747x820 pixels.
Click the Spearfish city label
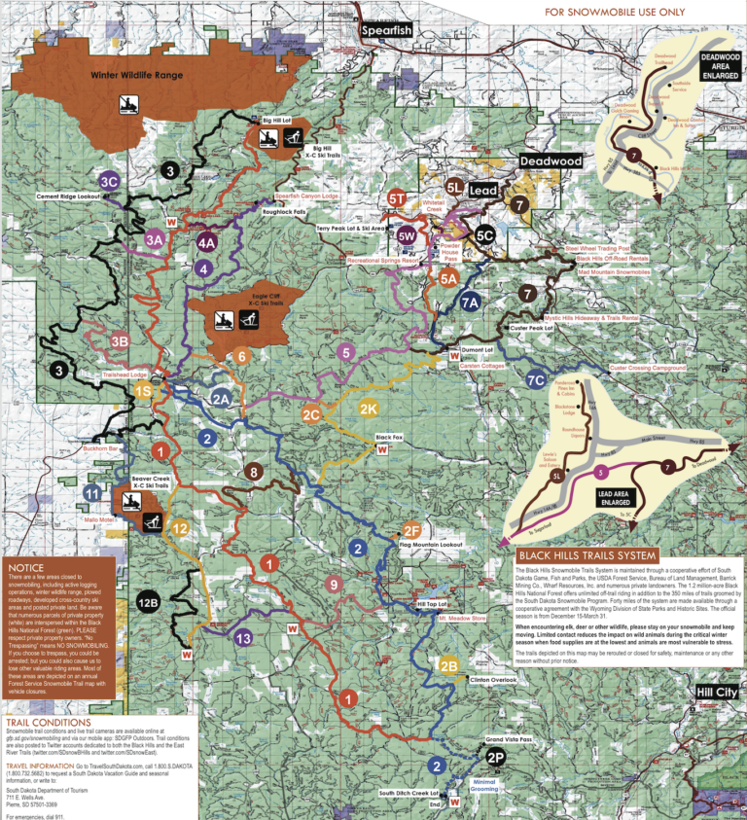click(x=386, y=30)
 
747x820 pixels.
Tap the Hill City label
click(x=716, y=692)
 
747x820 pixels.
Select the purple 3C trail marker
click(x=109, y=180)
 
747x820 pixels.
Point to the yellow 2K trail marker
click(x=369, y=408)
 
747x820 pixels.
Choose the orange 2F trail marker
click(x=410, y=529)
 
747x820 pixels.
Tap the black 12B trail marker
click(x=148, y=603)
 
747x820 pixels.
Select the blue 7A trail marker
click(x=470, y=303)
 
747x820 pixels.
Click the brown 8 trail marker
click(x=254, y=473)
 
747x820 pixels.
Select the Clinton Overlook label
click(x=492, y=679)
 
